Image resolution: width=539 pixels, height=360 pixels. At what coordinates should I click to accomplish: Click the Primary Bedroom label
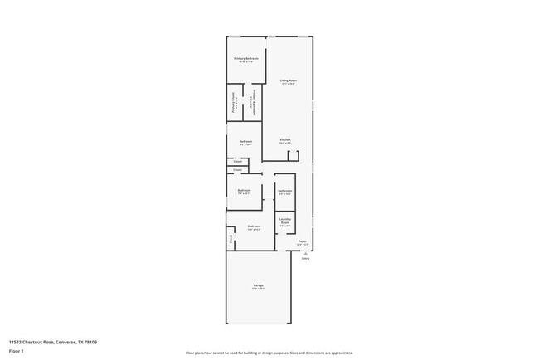coord(245,59)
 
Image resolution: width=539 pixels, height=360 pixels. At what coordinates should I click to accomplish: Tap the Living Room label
coord(289,80)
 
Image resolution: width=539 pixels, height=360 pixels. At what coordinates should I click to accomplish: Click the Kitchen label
coord(284,139)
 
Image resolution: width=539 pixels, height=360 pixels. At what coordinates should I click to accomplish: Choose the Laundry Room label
coord(284,221)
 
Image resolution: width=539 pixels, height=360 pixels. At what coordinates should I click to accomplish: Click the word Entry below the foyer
coord(305,258)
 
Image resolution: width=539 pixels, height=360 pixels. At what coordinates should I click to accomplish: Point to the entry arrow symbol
coord(305,252)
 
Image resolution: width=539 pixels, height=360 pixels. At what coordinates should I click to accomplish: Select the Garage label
coord(259,286)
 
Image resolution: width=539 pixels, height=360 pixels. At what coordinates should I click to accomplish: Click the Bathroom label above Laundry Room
coord(285,192)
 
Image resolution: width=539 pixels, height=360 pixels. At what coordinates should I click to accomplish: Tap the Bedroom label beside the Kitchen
coord(245,142)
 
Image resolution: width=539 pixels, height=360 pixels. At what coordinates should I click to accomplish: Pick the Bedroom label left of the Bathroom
coord(244,192)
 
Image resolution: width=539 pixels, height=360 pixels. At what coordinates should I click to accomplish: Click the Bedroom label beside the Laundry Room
coord(254,226)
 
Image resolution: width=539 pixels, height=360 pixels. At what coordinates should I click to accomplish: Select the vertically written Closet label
coord(231,240)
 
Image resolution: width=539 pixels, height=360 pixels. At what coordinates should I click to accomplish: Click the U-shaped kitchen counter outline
coord(293,155)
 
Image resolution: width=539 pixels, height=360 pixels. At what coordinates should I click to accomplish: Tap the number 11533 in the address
coord(17,341)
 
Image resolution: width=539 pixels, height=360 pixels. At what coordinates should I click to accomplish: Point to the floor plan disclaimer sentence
coord(269,353)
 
